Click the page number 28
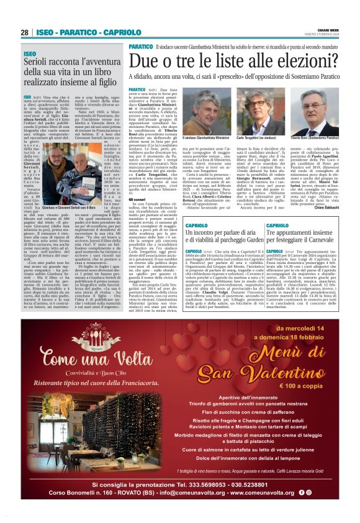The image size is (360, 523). point(25,32)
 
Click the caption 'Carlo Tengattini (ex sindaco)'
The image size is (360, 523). point(256,137)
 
